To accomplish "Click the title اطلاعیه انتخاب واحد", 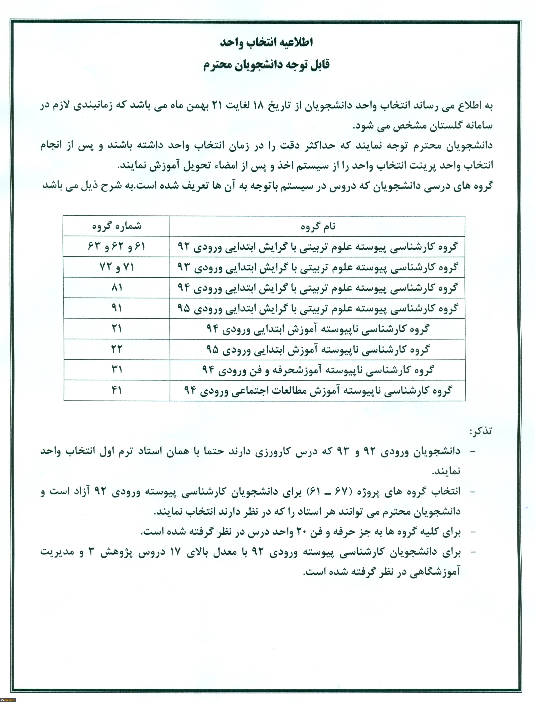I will coord(267,42).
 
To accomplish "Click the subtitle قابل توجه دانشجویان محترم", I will coord(267,65).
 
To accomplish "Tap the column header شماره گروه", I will coord(116,226).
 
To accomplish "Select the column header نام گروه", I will coord(317,226).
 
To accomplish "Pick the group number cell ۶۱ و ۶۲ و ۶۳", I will coord(116,246).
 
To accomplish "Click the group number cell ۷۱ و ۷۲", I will coord(116,267).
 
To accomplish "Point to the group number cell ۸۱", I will coord(116,288).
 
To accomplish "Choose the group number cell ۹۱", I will coord(116,308).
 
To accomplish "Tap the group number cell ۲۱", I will coord(116,328).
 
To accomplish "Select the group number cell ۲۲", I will coord(116,349).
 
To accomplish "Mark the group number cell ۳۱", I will coord(116,370).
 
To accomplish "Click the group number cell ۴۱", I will coord(116,390).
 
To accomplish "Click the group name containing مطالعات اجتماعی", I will coord(317,390).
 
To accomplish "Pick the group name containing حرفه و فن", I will coord(317,370).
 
